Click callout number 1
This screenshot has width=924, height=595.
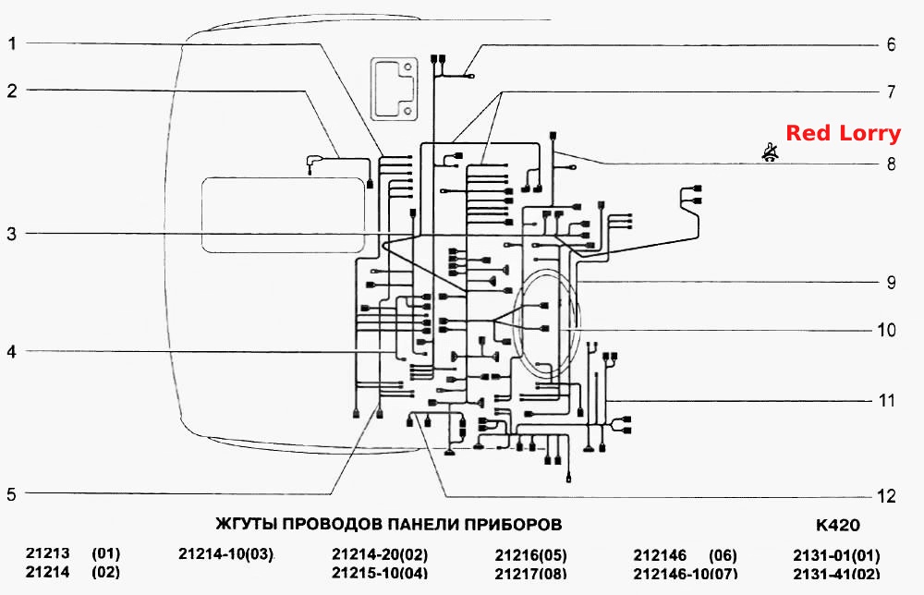pyautogui.click(x=12, y=43)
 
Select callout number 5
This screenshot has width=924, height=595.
pyautogui.click(x=12, y=494)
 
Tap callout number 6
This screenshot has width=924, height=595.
pyautogui.click(x=891, y=44)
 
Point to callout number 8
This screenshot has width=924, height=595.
pyautogui.click(x=891, y=164)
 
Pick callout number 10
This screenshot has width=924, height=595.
pyautogui.click(x=886, y=330)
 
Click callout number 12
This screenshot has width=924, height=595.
pyautogui.click(x=886, y=496)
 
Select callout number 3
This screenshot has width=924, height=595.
pyautogui.click(x=12, y=234)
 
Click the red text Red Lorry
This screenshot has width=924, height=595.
pyautogui.click(x=844, y=133)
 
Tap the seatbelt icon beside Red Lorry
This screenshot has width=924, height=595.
pyautogui.click(x=770, y=152)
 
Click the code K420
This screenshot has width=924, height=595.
pyautogui.click(x=837, y=525)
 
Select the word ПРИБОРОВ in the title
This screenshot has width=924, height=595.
pyautogui.click(x=513, y=524)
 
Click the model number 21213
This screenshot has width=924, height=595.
pyautogui.click(x=48, y=553)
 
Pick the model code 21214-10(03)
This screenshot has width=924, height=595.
pyautogui.click(x=226, y=554)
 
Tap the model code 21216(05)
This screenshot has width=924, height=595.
pyautogui.click(x=531, y=555)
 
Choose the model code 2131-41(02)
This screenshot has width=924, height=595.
pyautogui.click(x=837, y=573)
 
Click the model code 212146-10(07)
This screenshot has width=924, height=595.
pyautogui.click(x=685, y=573)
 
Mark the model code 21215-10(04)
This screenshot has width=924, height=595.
pyautogui.click(x=380, y=573)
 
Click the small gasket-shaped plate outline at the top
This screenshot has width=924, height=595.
pyautogui.click(x=395, y=89)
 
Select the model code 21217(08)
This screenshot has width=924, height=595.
pyautogui.click(x=531, y=573)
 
